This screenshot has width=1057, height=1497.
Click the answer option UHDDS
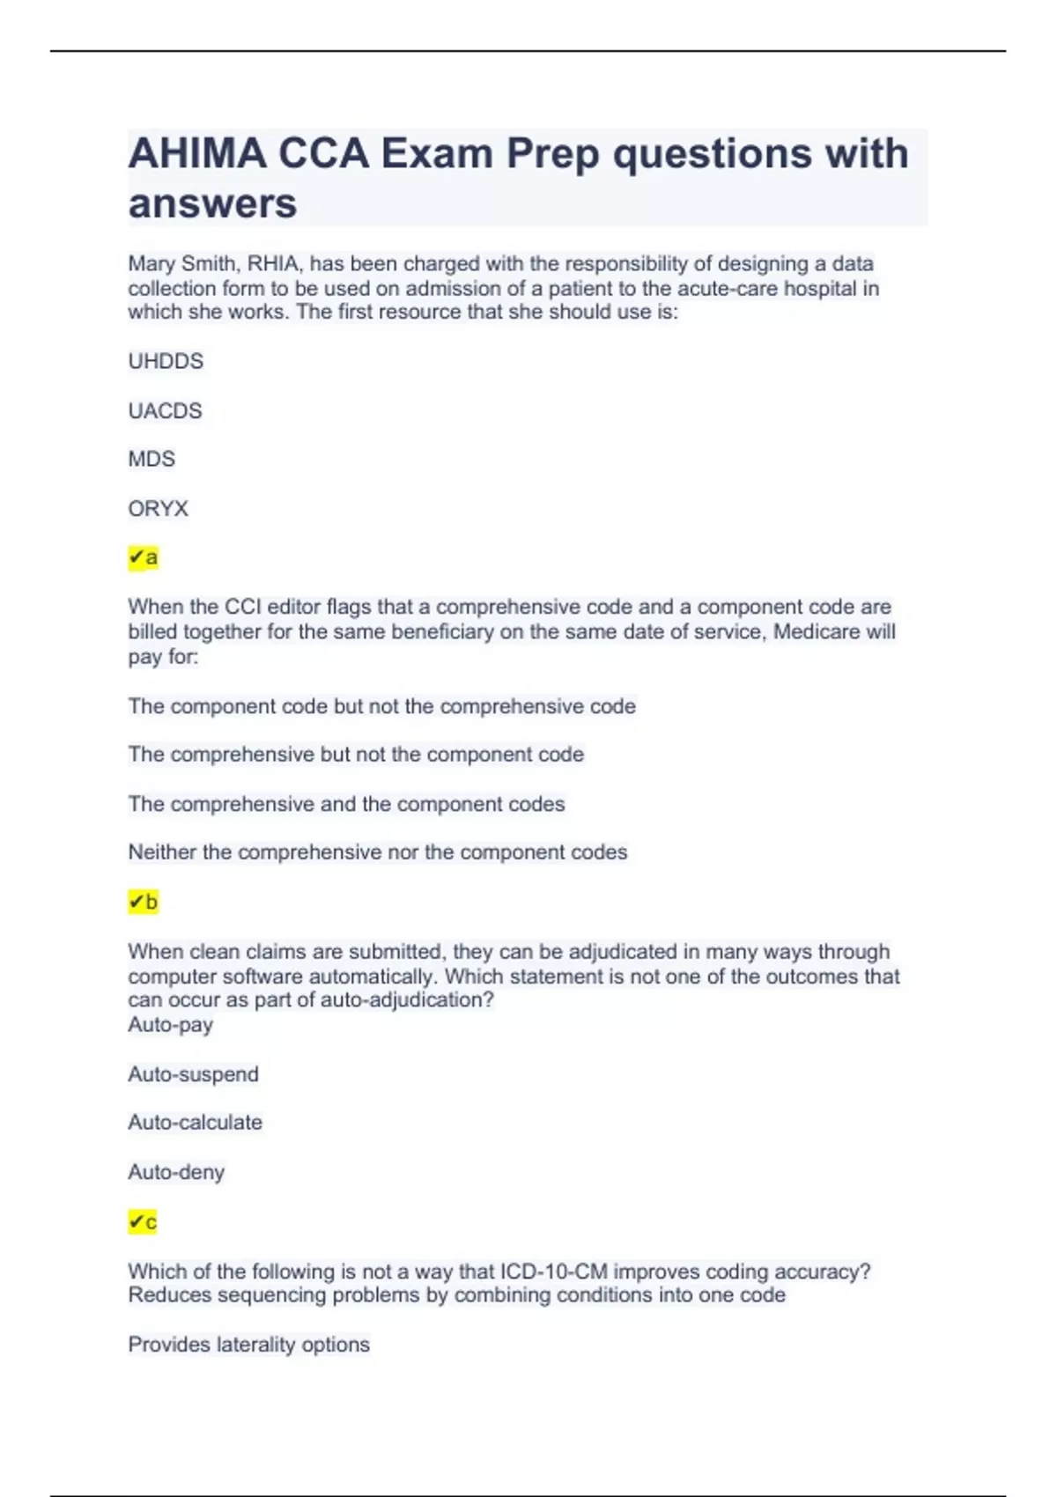(166, 361)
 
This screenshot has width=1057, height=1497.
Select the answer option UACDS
(165, 410)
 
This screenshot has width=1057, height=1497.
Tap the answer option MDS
(152, 459)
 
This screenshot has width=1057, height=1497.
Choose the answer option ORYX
(159, 508)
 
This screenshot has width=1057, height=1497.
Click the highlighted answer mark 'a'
(144, 557)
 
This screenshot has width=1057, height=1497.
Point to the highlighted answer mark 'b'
(144, 902)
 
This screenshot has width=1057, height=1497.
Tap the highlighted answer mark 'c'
(143, 1221)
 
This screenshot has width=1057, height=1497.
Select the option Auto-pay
(171, 1025)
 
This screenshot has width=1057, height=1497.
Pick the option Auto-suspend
(194, 1074)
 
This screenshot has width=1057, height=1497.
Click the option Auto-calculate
(196, 1123)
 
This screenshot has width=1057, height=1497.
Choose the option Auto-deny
(176, 1172)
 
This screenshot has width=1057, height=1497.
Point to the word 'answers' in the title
(212, 203)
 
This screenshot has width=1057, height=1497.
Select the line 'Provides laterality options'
(249, 1345)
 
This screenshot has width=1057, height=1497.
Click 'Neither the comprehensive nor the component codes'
(378, 852)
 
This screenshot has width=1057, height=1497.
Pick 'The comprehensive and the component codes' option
(346, 804)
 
